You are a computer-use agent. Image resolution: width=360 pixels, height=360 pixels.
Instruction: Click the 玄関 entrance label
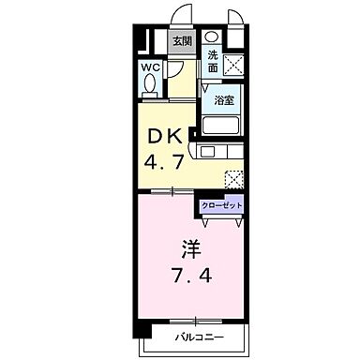coord(181,40)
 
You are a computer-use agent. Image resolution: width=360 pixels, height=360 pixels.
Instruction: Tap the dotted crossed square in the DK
coord(235,177)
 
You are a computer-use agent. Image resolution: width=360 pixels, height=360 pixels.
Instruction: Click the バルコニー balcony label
coord(197,336)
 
